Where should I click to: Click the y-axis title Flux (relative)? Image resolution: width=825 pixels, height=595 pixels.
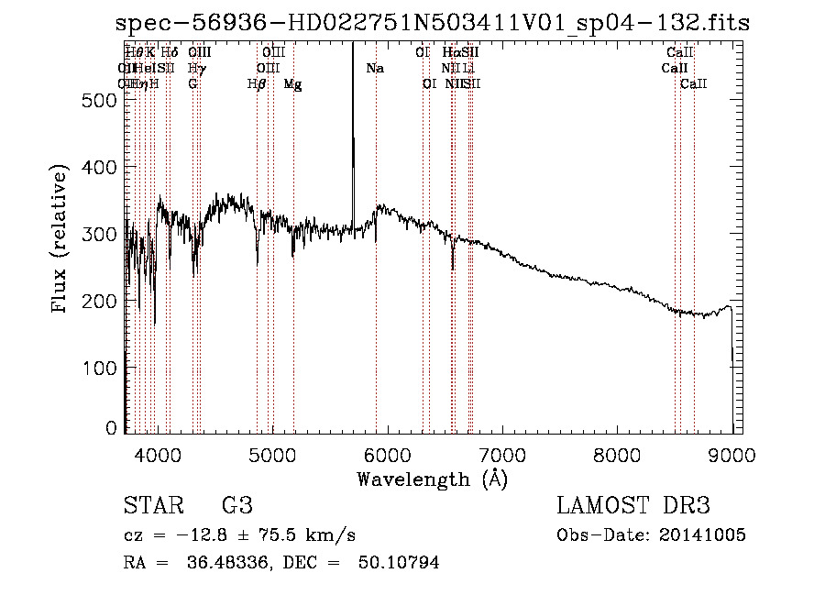pos(61,240)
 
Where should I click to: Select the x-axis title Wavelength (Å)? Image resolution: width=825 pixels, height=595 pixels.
pos(432,479)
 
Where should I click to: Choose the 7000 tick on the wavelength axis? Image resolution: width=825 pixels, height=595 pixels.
pos(501,455)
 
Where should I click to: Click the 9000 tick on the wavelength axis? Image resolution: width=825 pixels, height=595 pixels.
pos(731,455)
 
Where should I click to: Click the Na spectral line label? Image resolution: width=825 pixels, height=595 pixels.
pos(374,69)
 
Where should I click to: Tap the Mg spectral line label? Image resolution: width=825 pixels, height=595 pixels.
pos(292,84)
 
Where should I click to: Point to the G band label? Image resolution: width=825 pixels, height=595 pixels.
pos(192,84)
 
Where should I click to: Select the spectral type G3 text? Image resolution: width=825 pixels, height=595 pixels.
pos(237,506)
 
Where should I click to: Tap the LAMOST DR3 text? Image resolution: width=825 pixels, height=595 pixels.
pos(632,506)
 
